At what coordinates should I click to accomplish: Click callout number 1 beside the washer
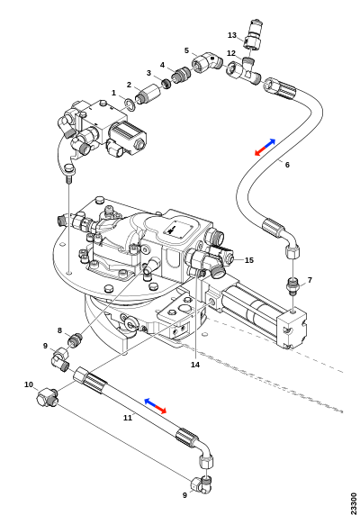click(113, 94)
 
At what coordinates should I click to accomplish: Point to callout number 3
click(148, 73)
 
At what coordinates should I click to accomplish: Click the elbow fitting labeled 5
click(207, 63)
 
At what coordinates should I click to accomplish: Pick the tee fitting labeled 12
click(245, 71)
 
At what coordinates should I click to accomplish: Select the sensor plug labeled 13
click(253, 34)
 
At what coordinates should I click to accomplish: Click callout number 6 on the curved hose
click(287, 165)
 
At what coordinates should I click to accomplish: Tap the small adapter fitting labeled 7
click(292, 286)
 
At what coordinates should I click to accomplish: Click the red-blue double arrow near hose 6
click(265, 147)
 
